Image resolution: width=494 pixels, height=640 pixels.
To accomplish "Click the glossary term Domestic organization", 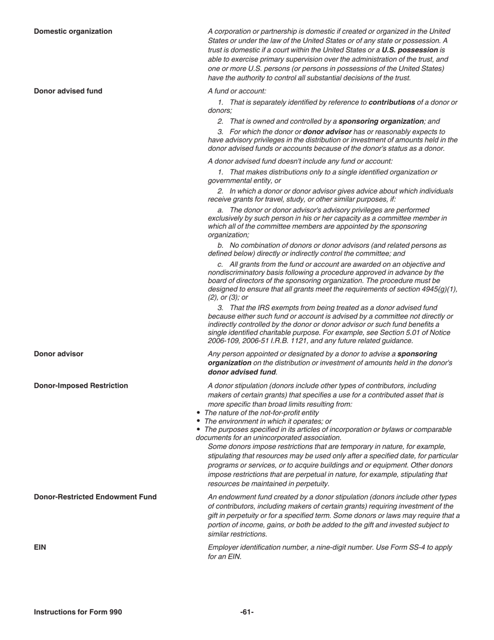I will [73, 31].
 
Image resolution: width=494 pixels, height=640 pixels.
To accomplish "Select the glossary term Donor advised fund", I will [68, 91].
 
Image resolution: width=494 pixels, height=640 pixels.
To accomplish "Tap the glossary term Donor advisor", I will [58, 354].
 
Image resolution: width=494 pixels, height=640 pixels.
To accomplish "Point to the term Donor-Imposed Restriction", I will [81, 386].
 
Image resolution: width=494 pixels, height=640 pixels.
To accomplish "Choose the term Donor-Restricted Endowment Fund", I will [95, 497].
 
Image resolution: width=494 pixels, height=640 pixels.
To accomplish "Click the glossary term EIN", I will [40, 547].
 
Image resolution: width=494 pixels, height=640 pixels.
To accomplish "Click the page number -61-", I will [247, 612].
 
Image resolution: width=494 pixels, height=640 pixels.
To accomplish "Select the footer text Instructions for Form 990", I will [78, 612].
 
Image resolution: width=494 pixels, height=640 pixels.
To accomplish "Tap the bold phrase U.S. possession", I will [410, 50].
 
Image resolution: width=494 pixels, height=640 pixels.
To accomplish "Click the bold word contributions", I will [392, 102].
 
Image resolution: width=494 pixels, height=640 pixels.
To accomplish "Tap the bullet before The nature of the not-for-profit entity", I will [199, 413].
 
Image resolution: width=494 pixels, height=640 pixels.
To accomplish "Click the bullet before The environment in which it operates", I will [199, 421].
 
